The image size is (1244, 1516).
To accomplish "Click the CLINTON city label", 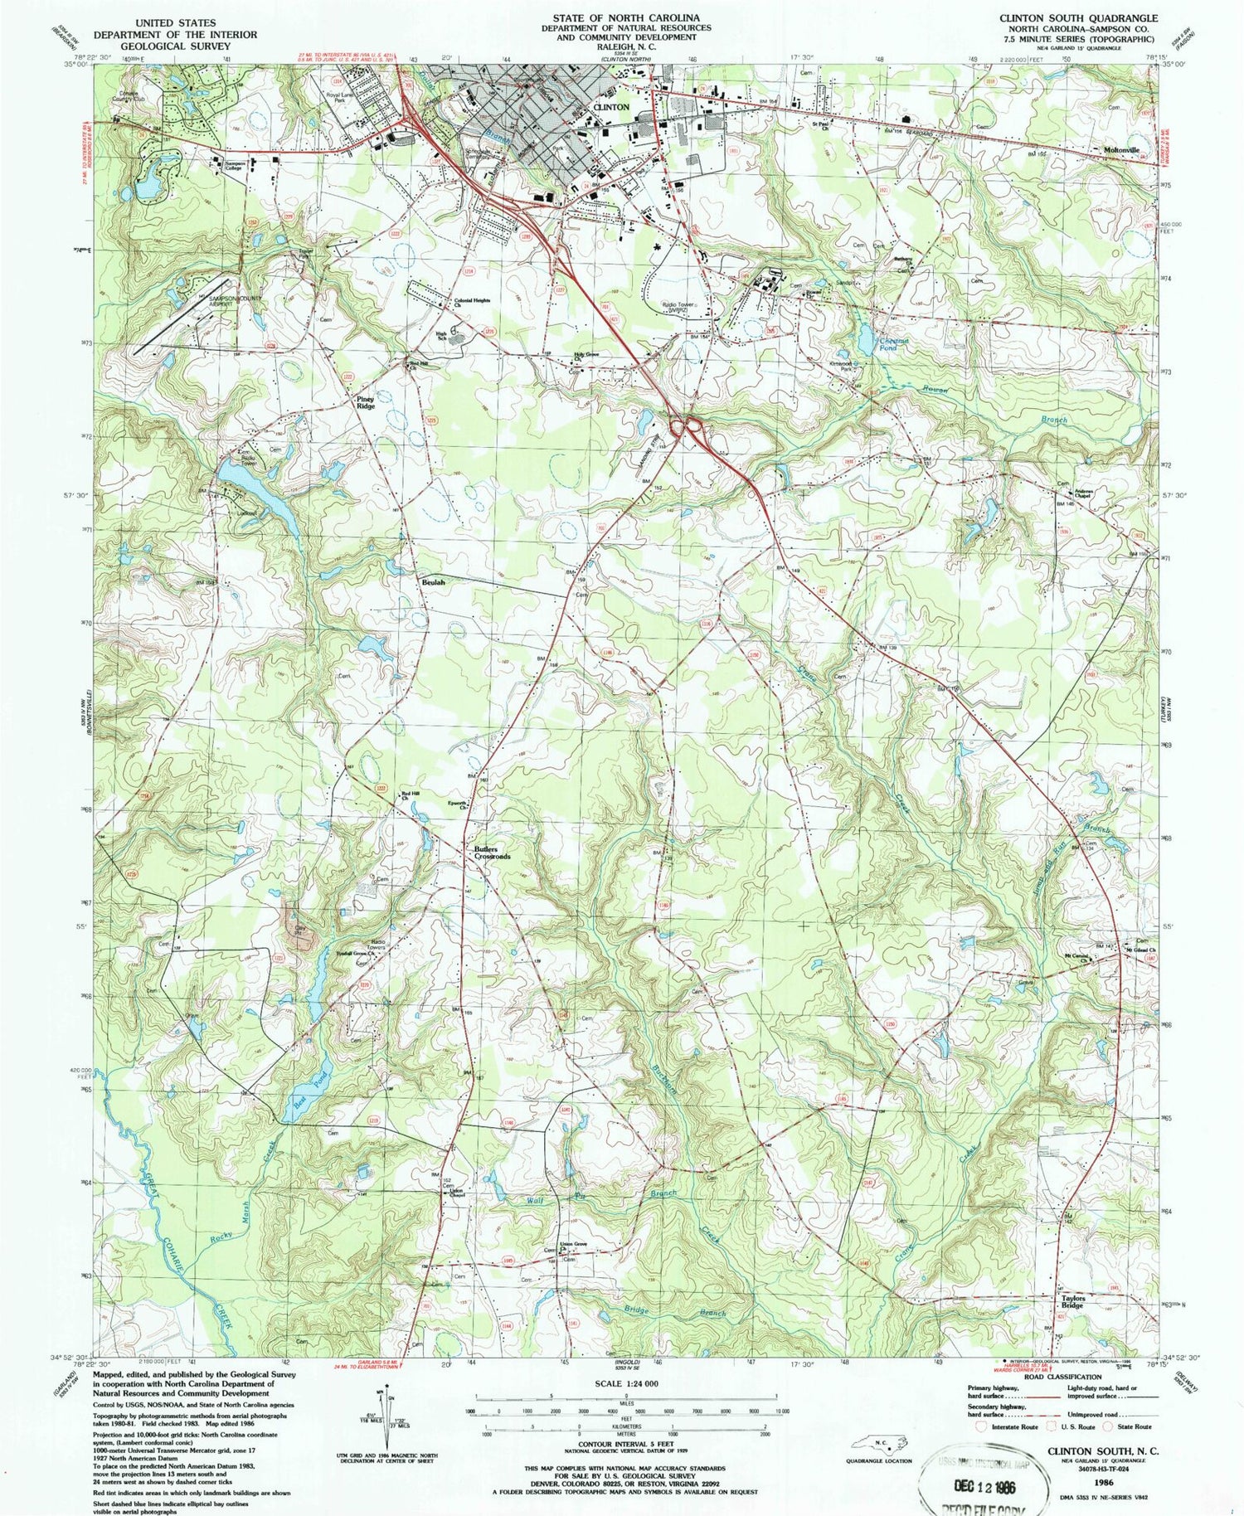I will [x=612, y=108].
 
